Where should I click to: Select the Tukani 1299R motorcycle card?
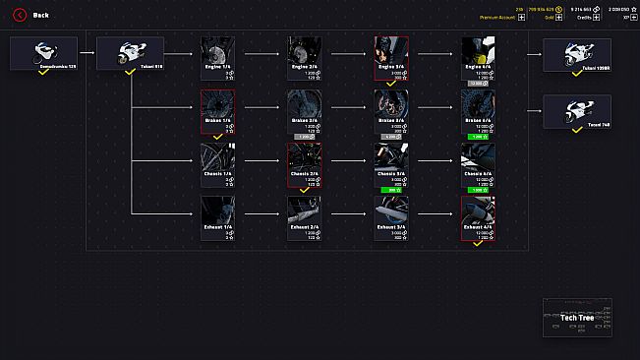577,54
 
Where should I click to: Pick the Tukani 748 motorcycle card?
577,111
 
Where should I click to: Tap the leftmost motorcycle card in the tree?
43,54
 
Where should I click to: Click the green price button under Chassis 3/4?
390,190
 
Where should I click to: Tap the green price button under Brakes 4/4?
478,137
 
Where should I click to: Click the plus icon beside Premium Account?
519,18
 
